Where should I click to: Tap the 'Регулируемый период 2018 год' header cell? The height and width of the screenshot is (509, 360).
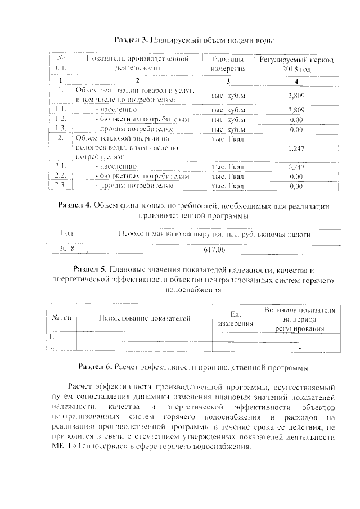point(296,64)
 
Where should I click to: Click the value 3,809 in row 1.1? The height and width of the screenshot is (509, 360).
point(296,110)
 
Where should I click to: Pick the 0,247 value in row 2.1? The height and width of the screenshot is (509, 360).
point(296,167)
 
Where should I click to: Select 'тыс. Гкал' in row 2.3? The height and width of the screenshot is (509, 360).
point(228,186)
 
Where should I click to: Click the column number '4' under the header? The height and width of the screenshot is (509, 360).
point(296,81)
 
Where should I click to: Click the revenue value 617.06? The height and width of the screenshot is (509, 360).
point(214,248)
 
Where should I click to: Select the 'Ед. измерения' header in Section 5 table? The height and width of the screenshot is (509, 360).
point(228,319)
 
